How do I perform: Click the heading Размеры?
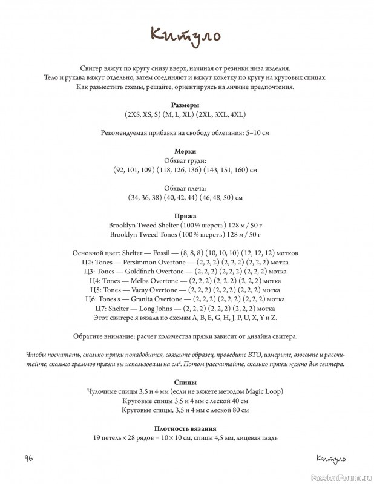pos(186,105)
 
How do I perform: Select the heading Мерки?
pos(186,151)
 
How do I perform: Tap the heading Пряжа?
pos(186,215)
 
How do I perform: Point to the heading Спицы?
pos(186,382)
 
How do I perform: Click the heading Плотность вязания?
pos(186,428)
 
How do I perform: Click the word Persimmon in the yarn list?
pos(140,262)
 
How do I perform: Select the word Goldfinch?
pos(140,272)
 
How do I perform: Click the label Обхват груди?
pos(186,160)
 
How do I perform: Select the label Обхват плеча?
pos(186,188)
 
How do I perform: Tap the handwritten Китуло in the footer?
pos(330,457)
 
